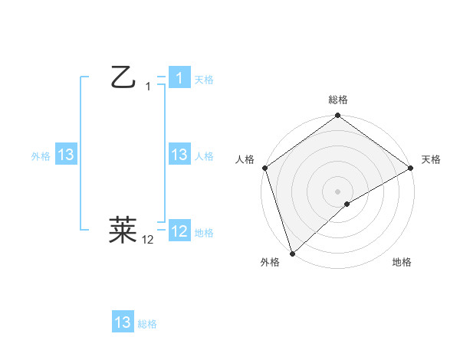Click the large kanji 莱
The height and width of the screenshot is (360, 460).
pos(123,228)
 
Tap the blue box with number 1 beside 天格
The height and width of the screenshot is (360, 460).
pos(179,78)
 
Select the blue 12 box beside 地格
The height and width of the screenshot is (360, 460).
pos(179,231)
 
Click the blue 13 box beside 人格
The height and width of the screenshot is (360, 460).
pos(179,155)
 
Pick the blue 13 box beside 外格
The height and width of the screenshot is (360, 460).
pos(66,155)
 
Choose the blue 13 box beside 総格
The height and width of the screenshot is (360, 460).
pos(123,322)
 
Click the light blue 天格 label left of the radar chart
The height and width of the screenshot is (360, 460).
pos(204,79)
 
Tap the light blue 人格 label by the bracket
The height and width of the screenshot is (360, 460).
pos(204,155)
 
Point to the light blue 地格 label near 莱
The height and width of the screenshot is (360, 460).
pos(204,232)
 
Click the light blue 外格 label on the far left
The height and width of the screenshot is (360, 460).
pos(41,155)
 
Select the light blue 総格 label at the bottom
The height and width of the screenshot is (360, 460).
pos(147,324)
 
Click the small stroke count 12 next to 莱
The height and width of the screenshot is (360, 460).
pos(148,240)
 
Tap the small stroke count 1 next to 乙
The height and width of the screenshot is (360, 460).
pos(148,87)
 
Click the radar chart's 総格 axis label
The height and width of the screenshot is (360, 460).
pos(338,100)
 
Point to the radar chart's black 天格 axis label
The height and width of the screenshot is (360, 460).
pos(431,159)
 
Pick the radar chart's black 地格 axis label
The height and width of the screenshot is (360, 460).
pos(402,262)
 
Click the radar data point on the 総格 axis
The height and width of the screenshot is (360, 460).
pos(338,116)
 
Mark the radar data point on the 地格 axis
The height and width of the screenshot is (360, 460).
pos(347,204)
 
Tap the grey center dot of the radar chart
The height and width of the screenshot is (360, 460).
pos(337,191)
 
